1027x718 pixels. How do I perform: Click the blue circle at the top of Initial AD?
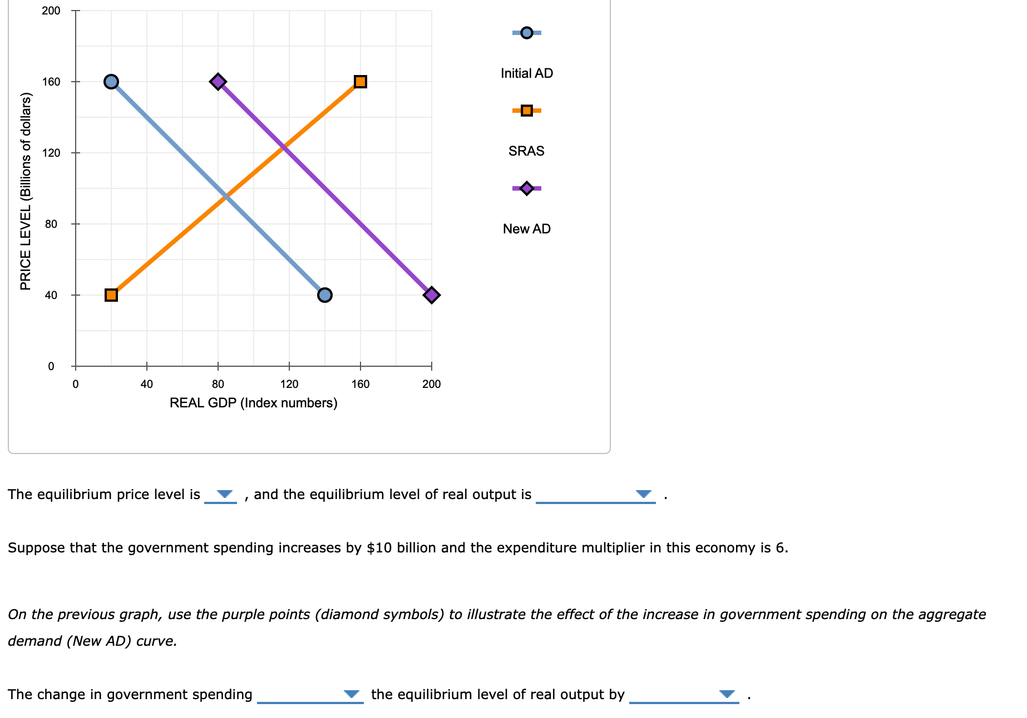click(111, 82)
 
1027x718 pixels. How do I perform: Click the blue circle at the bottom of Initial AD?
click(325, 295)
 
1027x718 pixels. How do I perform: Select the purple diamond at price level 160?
click(218, 82)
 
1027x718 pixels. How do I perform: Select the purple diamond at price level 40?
click(432, 295)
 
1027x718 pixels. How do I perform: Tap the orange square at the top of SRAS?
click(361, 82)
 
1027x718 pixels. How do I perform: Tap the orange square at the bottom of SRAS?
click(111, 295)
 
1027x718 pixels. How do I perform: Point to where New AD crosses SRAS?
click(284, 147)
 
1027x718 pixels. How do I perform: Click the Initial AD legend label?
click(526, 73)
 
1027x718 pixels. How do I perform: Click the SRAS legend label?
click(526, 151)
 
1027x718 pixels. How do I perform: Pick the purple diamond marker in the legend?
click(526, 188)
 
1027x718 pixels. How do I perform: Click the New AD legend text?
click(526, 229)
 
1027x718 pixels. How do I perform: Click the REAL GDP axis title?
click(253, 403)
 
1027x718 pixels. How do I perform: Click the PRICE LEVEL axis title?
click(26, 192)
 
